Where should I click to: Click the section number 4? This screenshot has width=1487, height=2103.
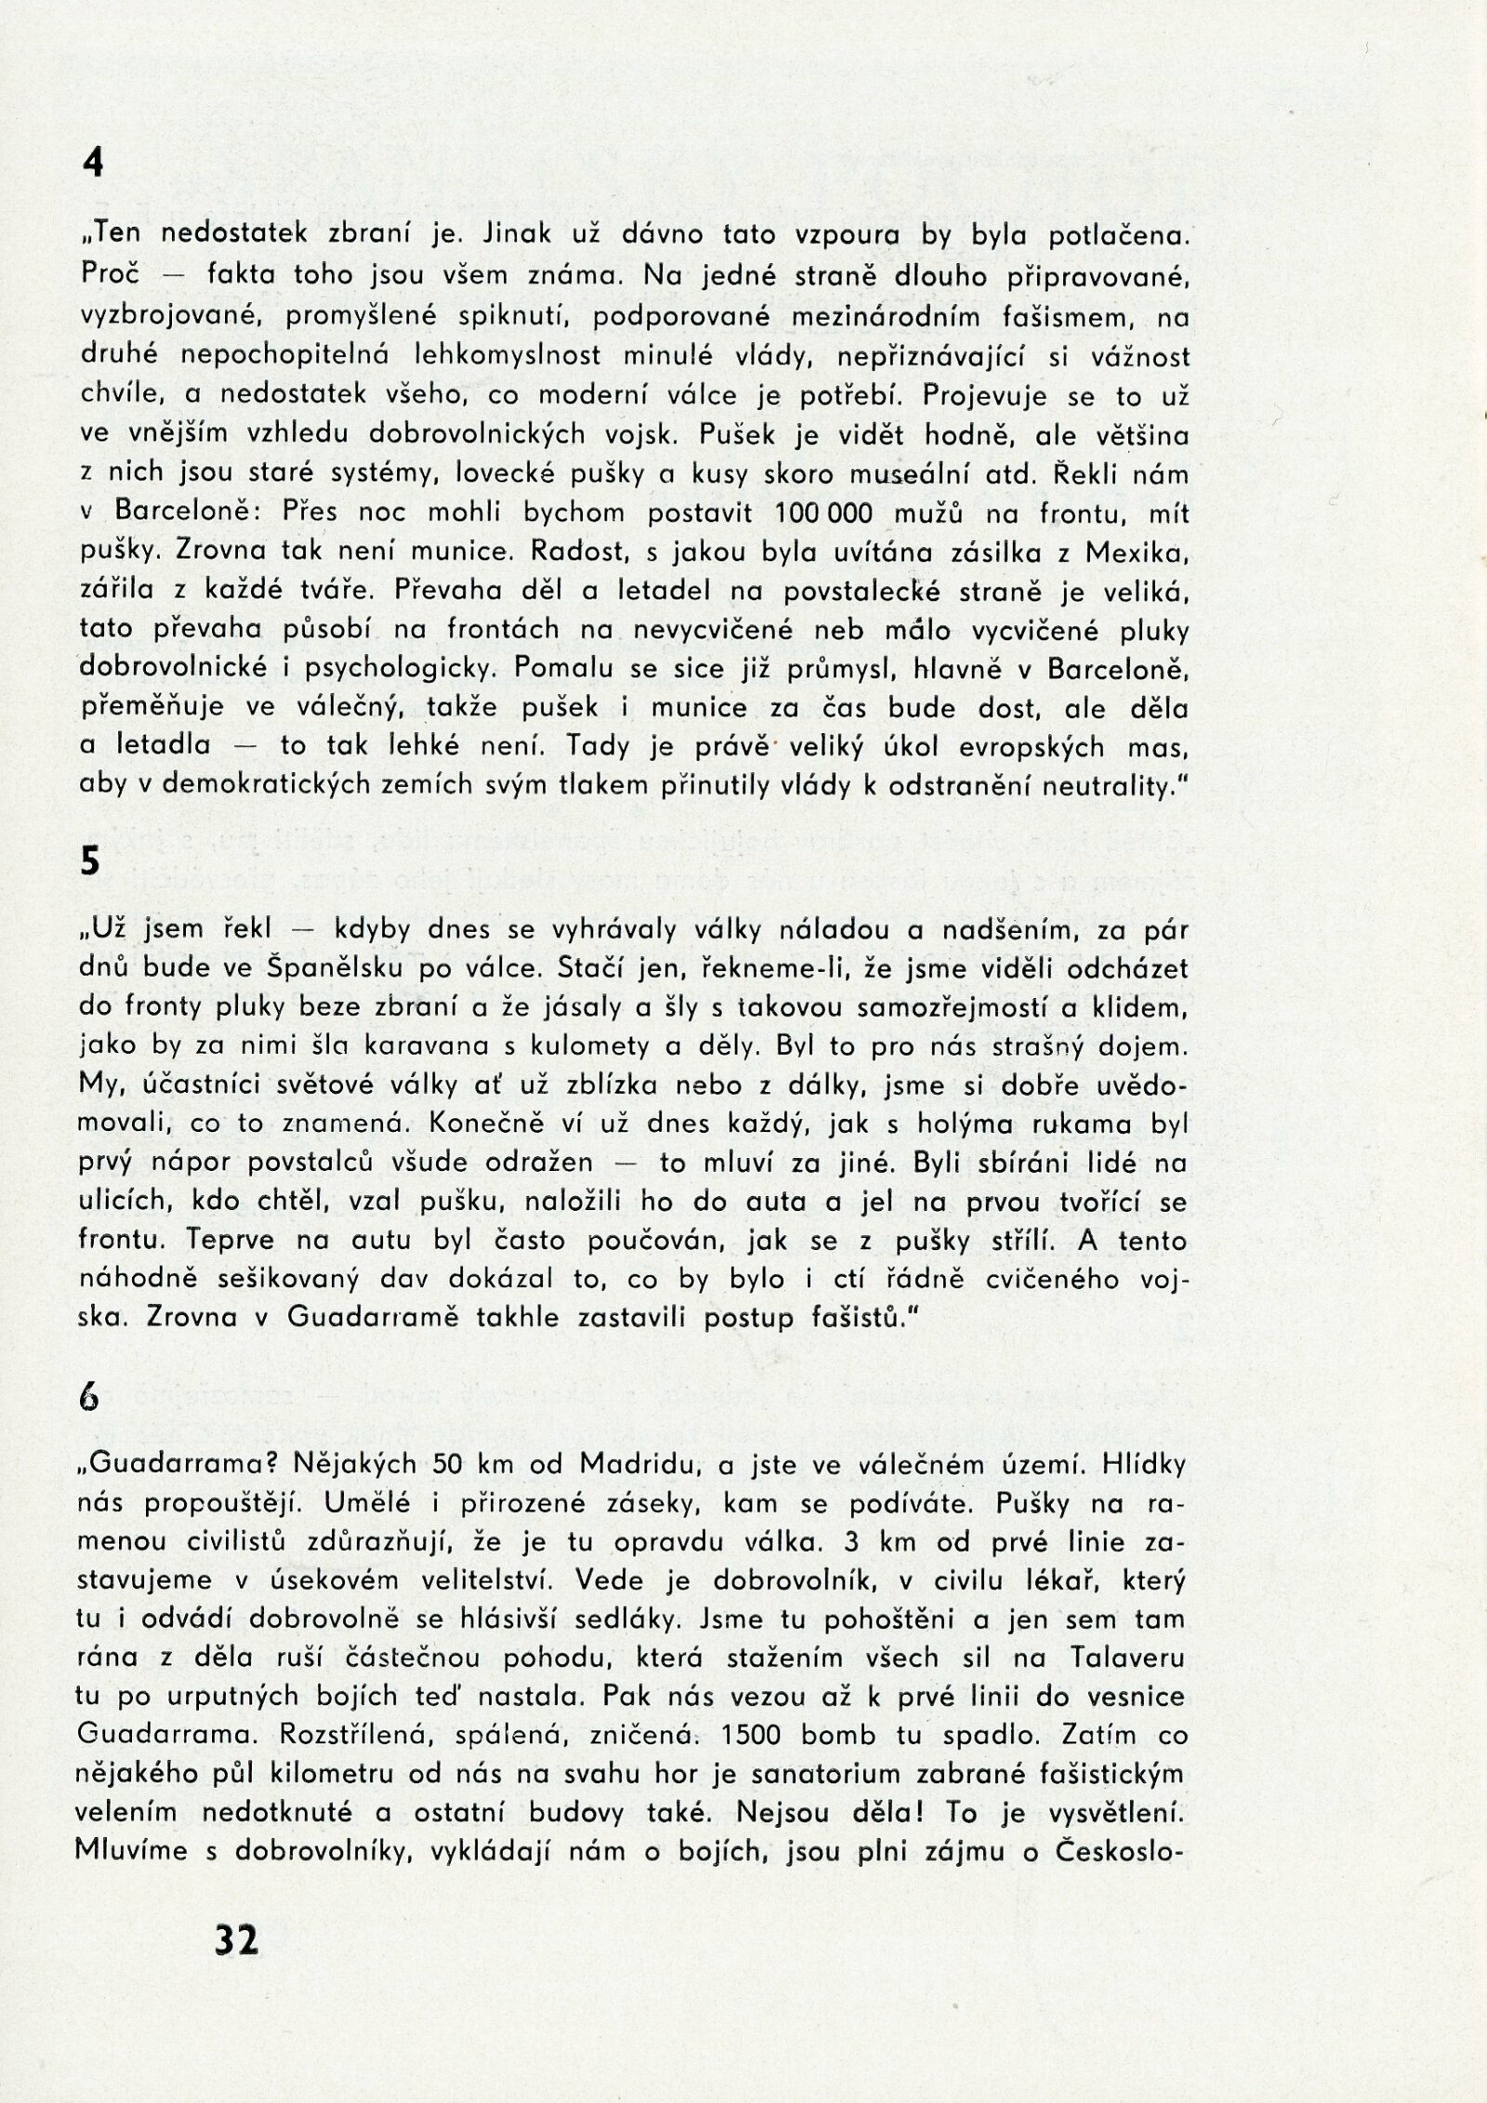click(92, 164)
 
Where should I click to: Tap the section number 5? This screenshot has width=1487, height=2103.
click(89, 861)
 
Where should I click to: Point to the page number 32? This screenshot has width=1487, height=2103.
click(237, 1941)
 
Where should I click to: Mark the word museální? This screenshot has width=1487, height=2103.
click(907, 475)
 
